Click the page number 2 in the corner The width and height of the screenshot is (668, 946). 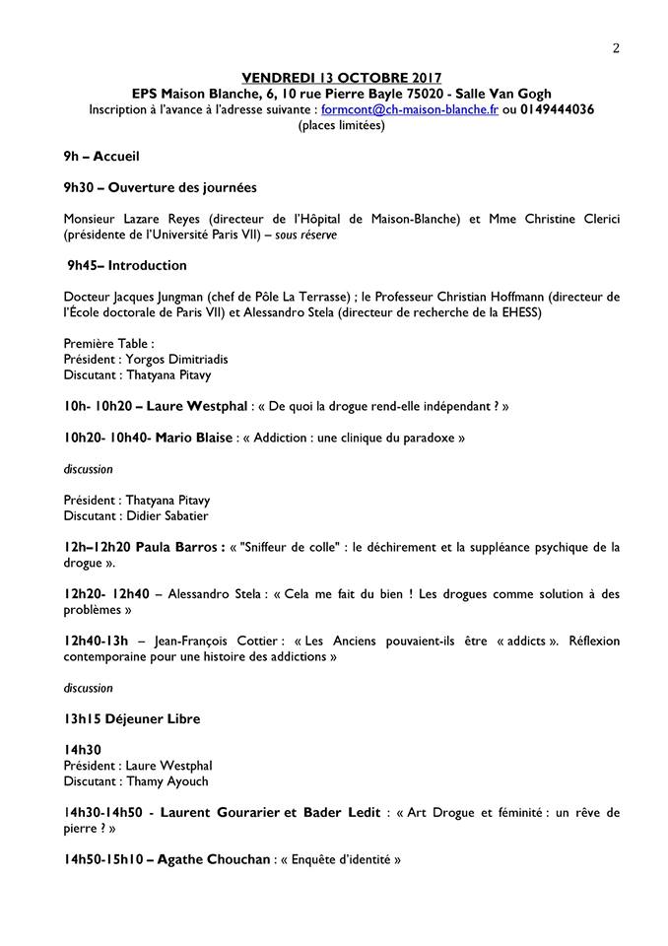click(616, 48)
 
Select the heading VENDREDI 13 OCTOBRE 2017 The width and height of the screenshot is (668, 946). click(342, 77)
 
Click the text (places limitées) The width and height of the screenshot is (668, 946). click(342, 125)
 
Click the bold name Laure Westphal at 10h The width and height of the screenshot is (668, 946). click(190, 406)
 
